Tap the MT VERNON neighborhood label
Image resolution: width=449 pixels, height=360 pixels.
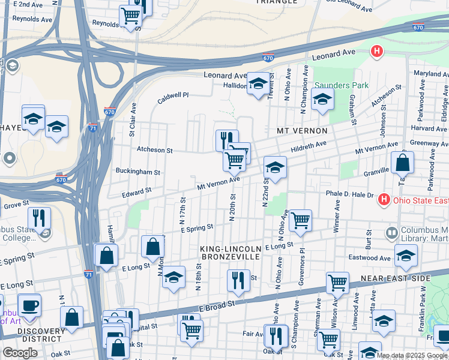[302, 131]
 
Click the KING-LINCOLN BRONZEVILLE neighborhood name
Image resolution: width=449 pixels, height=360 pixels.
[231, 253]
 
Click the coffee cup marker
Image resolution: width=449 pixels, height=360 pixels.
[29, 305]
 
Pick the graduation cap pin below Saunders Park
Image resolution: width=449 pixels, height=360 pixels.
[322, 99]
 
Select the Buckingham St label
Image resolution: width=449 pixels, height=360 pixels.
[138, 172]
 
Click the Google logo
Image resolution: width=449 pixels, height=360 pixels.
[20, 353]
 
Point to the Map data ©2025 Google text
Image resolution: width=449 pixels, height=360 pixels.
[412, 356]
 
